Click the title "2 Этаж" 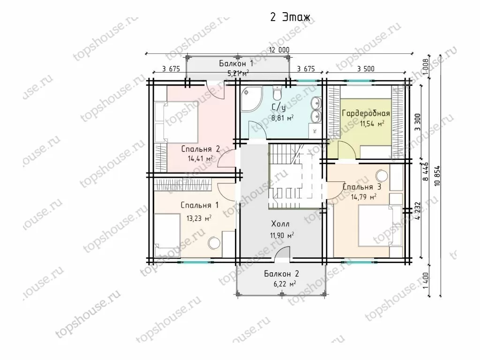[x=290, y=17]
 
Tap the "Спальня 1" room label [x=200, y=205]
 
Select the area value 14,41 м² [x=200, y=158]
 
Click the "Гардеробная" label [x=366, y=113]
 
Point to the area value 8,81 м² [x=283, y=118]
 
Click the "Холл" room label [x=280, y=224]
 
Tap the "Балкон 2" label [x=281, y=273]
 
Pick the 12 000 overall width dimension [x=279, y=50]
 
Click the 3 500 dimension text [x=366, y=68]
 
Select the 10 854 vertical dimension [x=437, y=176]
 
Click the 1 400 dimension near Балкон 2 [x=427, y=281]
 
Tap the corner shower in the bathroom [x=251, y=98]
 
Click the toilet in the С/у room [x=277, y=93]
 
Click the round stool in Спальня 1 [x=214, y=244]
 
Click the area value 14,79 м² [x=364, y=196]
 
